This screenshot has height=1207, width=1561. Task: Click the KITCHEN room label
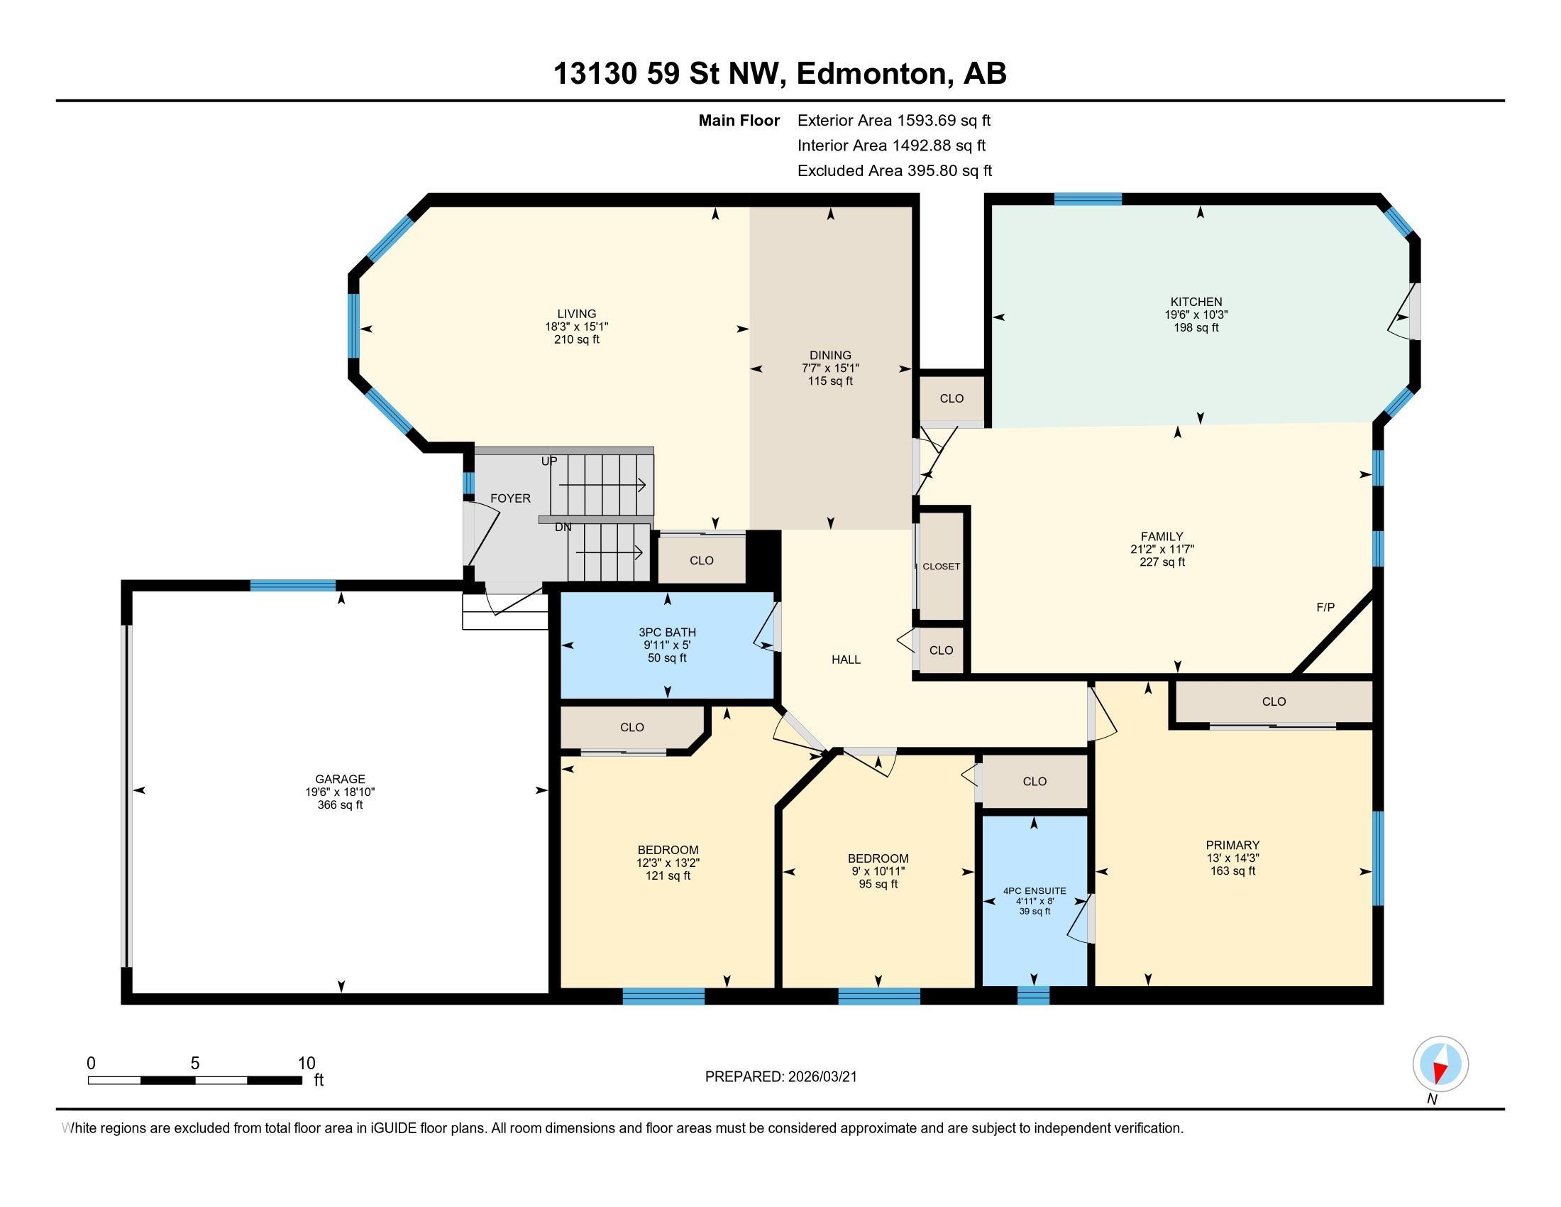[1196, 302]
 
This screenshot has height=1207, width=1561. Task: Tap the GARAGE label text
[340, 779]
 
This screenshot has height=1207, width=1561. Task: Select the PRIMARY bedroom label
[1232, 844]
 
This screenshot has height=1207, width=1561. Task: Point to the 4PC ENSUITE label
[1035, 891]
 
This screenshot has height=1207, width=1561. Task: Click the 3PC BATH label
[667, 632]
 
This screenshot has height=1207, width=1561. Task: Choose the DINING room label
[830, 355]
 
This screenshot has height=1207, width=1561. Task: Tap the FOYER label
[510, 498]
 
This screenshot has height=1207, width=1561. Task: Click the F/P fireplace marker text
[1325, 607]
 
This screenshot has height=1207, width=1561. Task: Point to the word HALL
[846, 660]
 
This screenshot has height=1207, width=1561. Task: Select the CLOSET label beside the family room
[942, 567]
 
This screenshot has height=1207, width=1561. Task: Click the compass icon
[1440, 1064]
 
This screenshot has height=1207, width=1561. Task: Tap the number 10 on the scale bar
[307, 1064]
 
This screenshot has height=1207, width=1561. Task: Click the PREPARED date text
[780, 1077]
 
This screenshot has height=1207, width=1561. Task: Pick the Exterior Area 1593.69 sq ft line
[893, 120]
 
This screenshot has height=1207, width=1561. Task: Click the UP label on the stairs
[549, 461]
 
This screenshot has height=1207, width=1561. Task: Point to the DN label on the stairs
[563, 527]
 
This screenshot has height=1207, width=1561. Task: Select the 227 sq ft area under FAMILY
[1162, 562]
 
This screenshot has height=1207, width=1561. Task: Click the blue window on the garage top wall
[292, 586]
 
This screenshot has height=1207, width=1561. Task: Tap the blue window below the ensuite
[1034, 995]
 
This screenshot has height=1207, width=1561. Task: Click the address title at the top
[780, 74]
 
